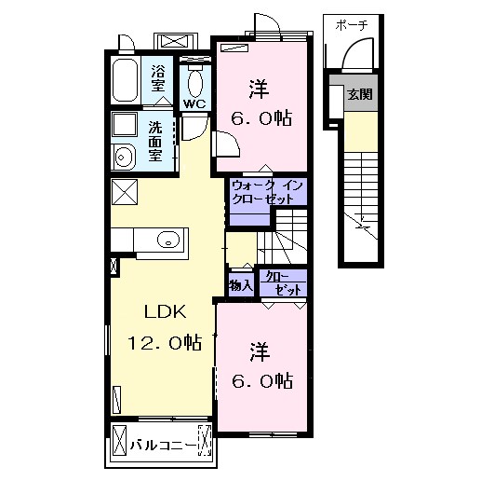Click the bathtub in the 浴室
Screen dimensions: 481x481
[x=125, y=80]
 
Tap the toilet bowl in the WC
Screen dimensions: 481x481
[x=194, y=83]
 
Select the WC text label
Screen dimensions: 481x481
[x=194, y=103]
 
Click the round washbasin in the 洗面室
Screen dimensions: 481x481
[x=123, y=158]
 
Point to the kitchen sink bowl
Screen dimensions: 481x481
[x=168, y=240]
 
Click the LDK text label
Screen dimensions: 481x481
[x=166, y=312]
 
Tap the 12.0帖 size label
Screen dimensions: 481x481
[x=165, y=343]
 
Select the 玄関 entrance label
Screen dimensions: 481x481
[x=360, y=94]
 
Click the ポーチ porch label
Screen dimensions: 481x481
[x=352, y=25]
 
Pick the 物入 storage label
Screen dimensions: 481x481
[x=241, y=285]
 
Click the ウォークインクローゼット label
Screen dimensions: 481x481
[x=267, y=192]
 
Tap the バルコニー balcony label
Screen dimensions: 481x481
[x=164, y=446]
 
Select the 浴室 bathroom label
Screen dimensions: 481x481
[x=158, y=78]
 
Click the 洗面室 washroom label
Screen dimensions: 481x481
[x=155, y=141]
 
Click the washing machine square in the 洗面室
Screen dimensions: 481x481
[x=125, y=125]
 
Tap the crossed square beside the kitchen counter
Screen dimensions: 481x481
[x=125, y=192]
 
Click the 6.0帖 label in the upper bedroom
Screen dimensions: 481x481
[x=261, y=118]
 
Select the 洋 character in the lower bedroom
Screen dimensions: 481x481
[x=260, y=352]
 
